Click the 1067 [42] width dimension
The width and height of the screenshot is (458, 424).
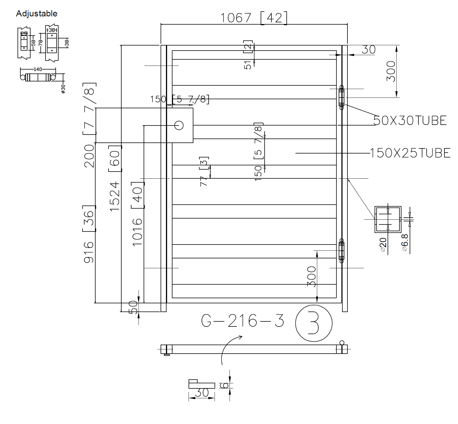(x=253, y=18)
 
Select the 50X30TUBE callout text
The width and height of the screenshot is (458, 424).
(x=410, y=121)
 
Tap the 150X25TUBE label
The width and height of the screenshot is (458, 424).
(x=410, y=153)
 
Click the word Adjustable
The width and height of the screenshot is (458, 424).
(x=36, y=14)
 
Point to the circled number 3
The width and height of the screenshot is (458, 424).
(x=314, y=323)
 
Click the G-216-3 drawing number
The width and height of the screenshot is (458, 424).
(x=243, y=321)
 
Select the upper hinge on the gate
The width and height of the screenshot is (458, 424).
(x=342, y=97)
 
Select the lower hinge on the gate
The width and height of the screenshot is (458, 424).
(x=342, y=251)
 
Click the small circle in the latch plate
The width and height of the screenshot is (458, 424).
(x=179, y=125)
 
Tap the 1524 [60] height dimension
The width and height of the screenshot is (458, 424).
(x=115, y=178)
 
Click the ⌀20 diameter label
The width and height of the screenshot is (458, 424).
(x=383, y=245)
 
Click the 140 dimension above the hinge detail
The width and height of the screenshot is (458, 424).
(x=38, y=69)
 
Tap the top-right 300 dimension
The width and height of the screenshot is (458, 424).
(x=391, y=71)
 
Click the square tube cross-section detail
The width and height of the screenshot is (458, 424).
(x=388, y=219)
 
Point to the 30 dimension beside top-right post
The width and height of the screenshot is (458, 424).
(x=369, y=50)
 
